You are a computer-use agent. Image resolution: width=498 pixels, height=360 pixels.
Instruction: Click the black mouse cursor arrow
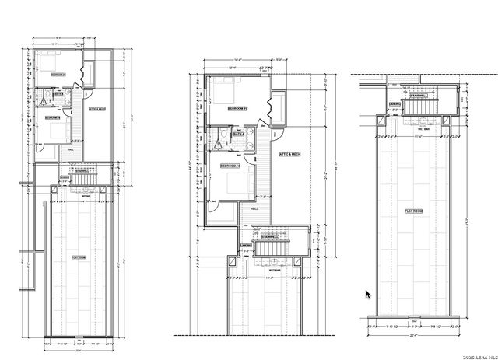(368, 295)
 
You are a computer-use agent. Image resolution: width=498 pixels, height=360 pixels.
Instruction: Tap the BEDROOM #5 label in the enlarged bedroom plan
(237, 109)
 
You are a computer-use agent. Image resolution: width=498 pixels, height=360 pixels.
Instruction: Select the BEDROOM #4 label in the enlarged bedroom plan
(230, 166)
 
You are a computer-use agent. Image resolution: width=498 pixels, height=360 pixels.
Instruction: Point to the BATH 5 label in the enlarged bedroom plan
(240, 134)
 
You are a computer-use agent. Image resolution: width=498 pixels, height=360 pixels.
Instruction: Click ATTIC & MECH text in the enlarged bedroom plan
(289, 154)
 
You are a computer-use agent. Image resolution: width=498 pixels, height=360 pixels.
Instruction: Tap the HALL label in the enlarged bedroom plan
(254, 209)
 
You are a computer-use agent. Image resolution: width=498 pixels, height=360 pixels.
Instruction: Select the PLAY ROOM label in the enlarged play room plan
(412, 211)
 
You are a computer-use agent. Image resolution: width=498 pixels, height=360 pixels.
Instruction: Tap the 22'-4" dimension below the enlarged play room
(412, 337)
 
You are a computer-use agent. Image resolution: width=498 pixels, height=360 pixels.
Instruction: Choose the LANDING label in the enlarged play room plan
(395, 103)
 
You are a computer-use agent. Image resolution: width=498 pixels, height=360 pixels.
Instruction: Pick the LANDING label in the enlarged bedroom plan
(246, 246)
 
